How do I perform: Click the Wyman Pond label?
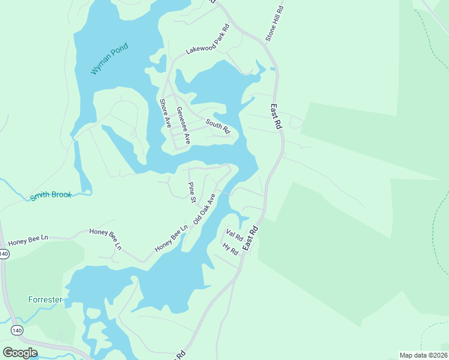(110, 59)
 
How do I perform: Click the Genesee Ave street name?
(183, 125)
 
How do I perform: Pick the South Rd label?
(218, 126)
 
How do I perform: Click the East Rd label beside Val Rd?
(250, 238)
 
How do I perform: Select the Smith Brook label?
(51, 196)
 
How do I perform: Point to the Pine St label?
(192, 192)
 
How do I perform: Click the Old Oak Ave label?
(204, 209)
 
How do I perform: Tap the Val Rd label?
(234, 233)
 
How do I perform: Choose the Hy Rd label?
(230, 249)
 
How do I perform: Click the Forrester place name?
(45, 299)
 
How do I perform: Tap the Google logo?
(20, 352)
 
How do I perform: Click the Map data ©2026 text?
(423, 355)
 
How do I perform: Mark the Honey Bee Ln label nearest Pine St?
(171, 238)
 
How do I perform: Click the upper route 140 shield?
(4, 254)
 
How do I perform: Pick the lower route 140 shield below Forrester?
(17, 331)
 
